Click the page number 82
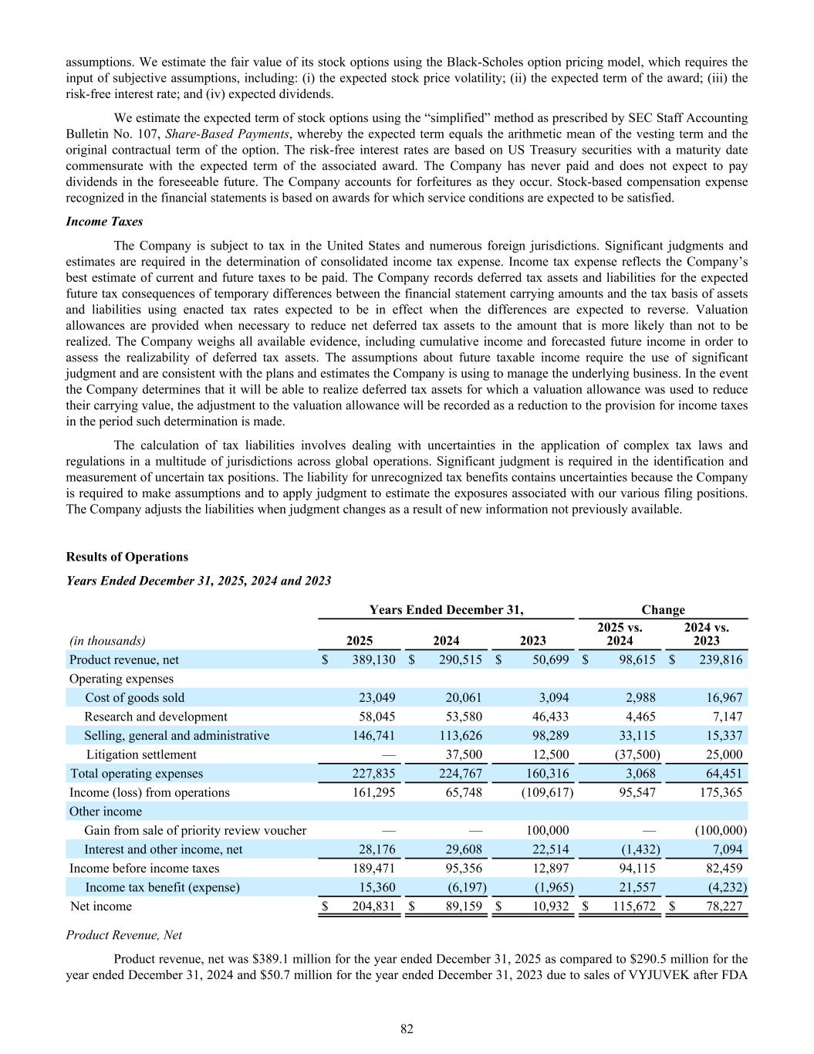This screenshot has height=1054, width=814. tap(407, 1028)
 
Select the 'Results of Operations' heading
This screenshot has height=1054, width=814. tap(127, 557)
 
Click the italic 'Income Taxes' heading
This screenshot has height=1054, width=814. tap(104, 222)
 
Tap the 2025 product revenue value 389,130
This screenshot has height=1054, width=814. tap(373, 659)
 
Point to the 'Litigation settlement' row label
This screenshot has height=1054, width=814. tap(141, 754)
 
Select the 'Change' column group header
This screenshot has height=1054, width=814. tap(663, 610)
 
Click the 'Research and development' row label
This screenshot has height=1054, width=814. tap(156, 717)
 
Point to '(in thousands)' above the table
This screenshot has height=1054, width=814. tap(107, 640)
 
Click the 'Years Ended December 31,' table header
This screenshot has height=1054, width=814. tap(446, 610)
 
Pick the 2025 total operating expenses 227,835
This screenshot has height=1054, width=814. tap(373, 773)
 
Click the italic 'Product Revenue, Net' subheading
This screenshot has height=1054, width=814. tap(124, 934)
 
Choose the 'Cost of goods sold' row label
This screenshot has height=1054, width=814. tap(135, 697)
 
